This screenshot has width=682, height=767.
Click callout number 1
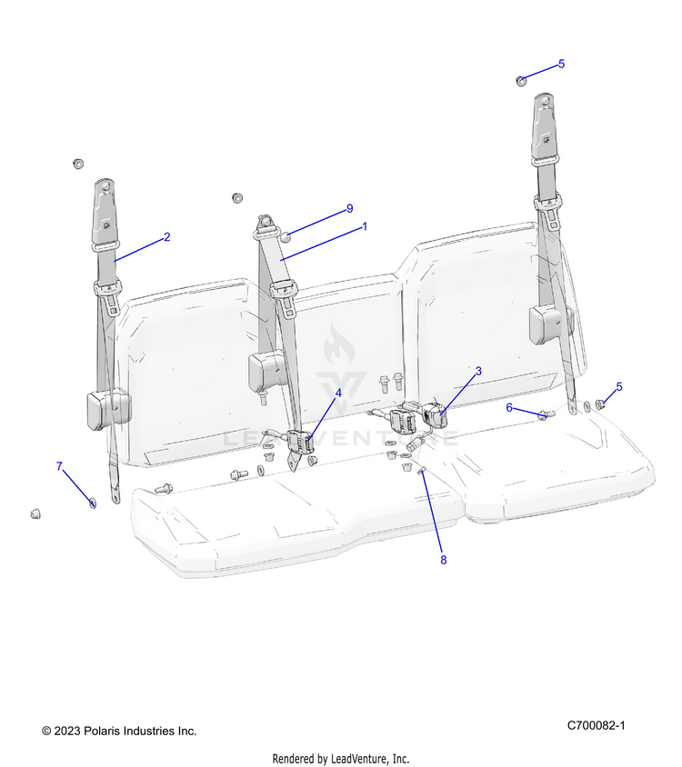(365, 226)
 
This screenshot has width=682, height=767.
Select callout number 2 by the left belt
(166, 237)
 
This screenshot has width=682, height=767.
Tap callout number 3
(478, 371)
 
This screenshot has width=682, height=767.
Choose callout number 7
(60, 466)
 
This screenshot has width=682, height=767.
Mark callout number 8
(444, 560)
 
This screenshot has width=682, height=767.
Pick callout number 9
(348, 209)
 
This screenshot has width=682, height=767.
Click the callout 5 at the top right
(561, 64)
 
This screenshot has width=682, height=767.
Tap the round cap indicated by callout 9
(284, 237)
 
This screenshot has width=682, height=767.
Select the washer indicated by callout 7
(93, 502)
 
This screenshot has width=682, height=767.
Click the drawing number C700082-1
(596, 725)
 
